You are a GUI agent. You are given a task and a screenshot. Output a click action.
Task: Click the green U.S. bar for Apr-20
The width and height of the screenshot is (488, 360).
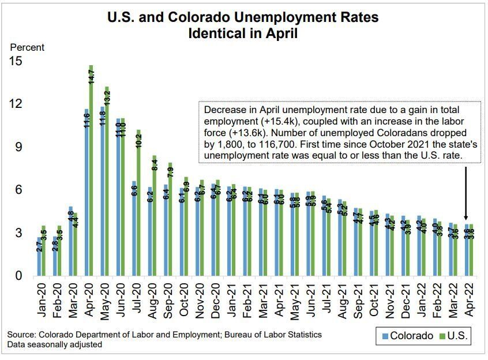[91, 173]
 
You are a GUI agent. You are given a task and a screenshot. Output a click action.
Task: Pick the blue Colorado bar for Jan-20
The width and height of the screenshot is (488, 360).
[39, 256]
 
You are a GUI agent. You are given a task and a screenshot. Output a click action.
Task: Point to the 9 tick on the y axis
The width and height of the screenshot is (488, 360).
[19, 147]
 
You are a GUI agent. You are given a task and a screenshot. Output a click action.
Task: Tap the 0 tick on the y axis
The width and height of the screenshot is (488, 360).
[19, 276]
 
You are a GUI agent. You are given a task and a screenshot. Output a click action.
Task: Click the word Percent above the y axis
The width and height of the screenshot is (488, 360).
[27, 48]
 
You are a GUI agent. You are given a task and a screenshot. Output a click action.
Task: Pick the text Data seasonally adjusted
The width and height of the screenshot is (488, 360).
[55, 344]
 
